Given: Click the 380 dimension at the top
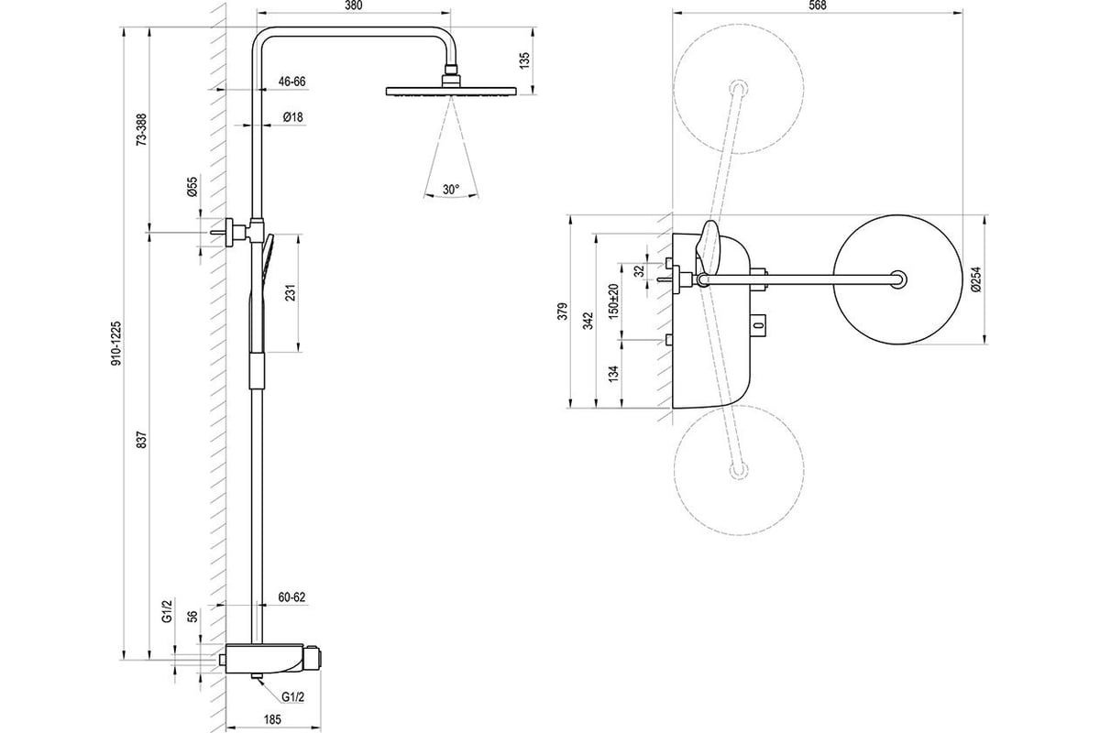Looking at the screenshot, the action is (354, 5).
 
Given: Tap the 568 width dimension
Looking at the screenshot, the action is (817, 5).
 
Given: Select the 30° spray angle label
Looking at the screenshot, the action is (451, 190).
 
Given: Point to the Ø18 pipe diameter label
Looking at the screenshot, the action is (293, 117).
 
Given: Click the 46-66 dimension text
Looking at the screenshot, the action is (291, 82).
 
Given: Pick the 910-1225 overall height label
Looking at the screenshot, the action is (115, 344).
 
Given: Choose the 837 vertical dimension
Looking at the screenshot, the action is (141, 440).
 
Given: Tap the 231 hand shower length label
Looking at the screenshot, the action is (291, 292).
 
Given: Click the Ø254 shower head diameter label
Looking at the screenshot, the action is (975, 279).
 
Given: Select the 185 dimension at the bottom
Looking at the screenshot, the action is (272, 720).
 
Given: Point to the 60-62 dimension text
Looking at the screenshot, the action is (291, 597).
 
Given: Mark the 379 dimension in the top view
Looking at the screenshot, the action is (563, 312).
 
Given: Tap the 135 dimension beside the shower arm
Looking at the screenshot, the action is (525, 60).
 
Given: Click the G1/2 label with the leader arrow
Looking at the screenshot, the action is (293, 697).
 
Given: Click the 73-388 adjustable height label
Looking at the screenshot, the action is (141, 129).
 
